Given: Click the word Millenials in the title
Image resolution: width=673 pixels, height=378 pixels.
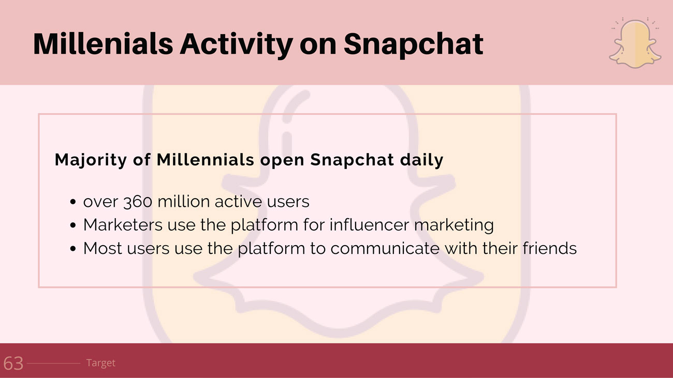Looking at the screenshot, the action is tap(103, 44).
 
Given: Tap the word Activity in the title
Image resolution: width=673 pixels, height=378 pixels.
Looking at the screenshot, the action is tap(236, 46).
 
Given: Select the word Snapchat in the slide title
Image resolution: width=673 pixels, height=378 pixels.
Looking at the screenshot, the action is tap(414, 46).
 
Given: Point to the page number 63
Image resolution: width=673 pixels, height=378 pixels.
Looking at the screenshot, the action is tap(13, 364).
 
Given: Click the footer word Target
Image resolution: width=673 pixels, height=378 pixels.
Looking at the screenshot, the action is tap(100, 363).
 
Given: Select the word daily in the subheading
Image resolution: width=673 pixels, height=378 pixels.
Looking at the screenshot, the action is tap(421, 160).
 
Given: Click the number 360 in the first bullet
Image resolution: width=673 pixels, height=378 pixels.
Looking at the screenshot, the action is tap(138, 202).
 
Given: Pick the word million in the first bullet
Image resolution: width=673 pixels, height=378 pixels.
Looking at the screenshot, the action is tap(183, 201).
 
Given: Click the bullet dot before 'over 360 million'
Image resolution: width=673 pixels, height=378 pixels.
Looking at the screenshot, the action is tap(72, 202).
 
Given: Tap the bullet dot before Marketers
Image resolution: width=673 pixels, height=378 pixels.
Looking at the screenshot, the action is tap(72, 225).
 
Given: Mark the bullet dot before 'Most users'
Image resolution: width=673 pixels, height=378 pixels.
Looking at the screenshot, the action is tap(72, 249).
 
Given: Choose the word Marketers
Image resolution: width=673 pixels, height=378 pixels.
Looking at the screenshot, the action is tap(123, 225).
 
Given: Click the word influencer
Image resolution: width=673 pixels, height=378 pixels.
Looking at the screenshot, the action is tap(369, 225).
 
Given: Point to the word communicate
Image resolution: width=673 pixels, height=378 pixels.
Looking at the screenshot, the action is tap(385, 248).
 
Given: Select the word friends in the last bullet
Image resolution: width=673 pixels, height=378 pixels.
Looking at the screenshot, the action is tap(549, 248).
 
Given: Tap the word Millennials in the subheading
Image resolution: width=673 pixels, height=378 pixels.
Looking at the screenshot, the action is tap(206, 160).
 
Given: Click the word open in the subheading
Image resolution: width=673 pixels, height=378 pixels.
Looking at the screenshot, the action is tap(282, 161).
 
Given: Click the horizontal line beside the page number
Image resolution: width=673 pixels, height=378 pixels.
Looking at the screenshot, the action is tap(54, 364).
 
